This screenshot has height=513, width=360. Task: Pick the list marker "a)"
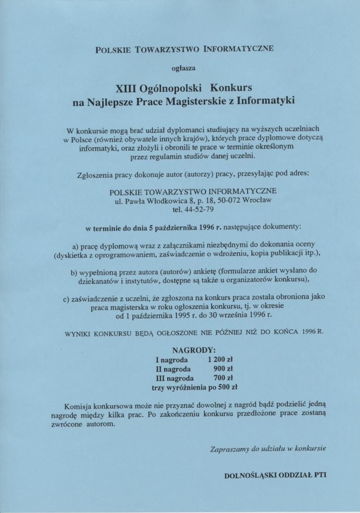pyautogui.click(x=76, y=246)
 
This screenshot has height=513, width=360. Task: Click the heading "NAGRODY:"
pyautogui.click(x=193, y=350)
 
